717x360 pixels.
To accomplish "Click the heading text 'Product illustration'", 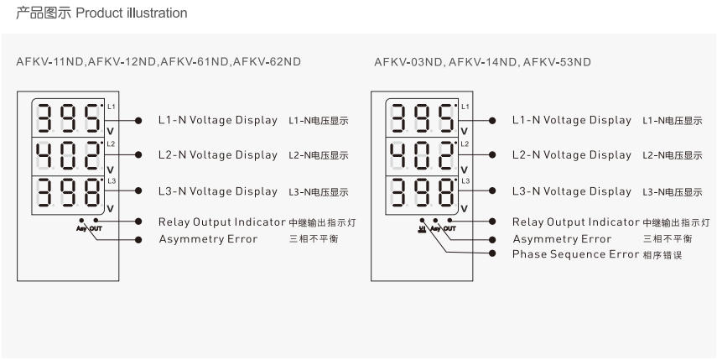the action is pyautogui.click(x=131, y=13).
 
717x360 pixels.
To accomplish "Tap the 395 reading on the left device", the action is pyautogui.click(x=69, y=118).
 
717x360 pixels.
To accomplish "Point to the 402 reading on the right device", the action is pyautogui.click(x=423, y=156).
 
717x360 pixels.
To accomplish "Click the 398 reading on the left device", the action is pyautogui.click(x=69, y=192).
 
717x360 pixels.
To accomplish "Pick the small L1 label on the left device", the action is pyautogui.click(x=112, y=107).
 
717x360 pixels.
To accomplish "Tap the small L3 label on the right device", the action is pyautogui.click(x=465, y=180).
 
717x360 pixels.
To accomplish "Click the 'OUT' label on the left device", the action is pyautogui.click(x=96, y=228).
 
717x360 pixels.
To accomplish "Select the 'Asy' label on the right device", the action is pyautogui.click(x=436, y=228).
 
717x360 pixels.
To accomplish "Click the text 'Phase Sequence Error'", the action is pyautogui.click(x=575, y=254).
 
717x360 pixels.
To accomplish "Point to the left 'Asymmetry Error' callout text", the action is pyautogui.click(x=208, y=239).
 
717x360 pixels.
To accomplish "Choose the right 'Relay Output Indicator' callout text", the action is pyautogui.click(x=576, y=222).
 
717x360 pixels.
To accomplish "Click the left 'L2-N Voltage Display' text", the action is pyautogui.click(x=218, y=155).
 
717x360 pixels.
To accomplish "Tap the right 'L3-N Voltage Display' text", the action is pyautogui.click(x=572, y=191).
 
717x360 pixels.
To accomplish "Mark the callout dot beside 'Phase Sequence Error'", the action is pyautogui.click(x=492, y=253).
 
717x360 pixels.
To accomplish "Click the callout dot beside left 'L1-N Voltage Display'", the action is pyautogui.click(x=138, y=120).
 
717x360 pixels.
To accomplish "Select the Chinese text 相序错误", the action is pyautogui.click(x=662, y=255).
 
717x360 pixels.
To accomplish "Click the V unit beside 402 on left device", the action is pyautogui.click(x=110, y=170).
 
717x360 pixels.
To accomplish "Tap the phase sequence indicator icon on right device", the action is pyautogui.click(x=421, y=228).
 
